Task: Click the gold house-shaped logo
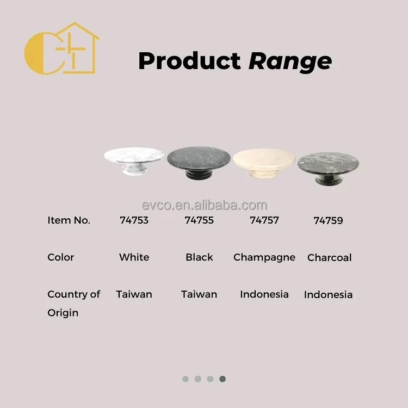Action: click(x=62, y=48)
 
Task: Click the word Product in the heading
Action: click(x=189, y=61)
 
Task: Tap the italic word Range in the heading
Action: click(x=290, y=61)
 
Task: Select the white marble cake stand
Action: click(x=134, y=160)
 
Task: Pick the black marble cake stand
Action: click(x=199, y=162)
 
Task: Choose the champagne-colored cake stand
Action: click(x=264, y=162)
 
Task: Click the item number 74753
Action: click(x=134, y=220)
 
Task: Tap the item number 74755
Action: click(x=199, y=220)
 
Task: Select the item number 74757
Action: click(x=264, y=220)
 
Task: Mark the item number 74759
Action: click(x=328, y=221)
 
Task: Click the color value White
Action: click(x=134, y=257)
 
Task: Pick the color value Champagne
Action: click(x=264, y=257)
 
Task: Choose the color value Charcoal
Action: click(x=329, y=258)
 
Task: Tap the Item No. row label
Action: click(x=69, y=220)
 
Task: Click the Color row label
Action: click(x=60, y=257)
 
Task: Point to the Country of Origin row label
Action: click(x=73, y=303)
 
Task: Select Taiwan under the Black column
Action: click(x=199, y=294)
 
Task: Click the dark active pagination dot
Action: click(x=222, y=379)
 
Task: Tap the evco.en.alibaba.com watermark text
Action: click(x=204, y=205)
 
